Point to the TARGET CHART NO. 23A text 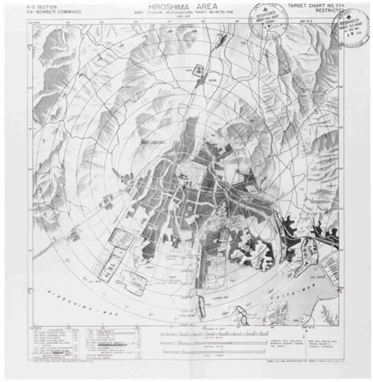(x=316, y=5)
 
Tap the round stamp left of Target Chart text (x=265, y=17)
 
